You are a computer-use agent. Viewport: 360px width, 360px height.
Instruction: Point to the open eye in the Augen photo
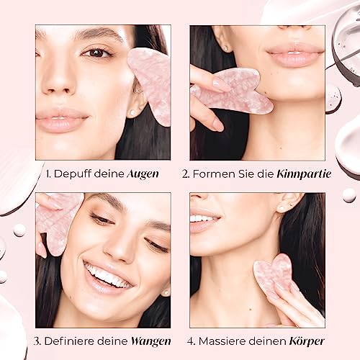(96, 52)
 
